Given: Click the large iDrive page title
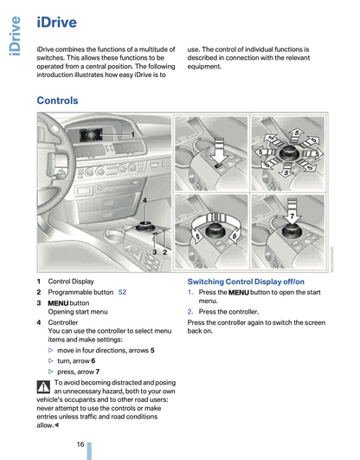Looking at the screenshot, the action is click(x=56, y=23).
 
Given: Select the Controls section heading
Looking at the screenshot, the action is click(x=57, y=100).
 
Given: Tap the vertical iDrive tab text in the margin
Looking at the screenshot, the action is click(x=15, y=36).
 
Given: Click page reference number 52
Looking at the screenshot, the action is click(x=122, y=292).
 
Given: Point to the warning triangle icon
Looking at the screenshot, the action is click(x=43, y=386).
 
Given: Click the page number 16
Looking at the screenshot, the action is click(x=80, y=444).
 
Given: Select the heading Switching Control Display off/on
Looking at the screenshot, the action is click(x=246, y=282).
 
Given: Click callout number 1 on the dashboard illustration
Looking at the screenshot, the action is click(x=132, y=134).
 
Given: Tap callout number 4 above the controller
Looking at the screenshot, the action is click(x=145, y=201).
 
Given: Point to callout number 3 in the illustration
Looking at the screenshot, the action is click(x=155, y=252).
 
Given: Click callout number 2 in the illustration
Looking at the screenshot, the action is click(x=164, y=252).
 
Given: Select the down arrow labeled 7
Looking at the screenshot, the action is click(x=292, y=212).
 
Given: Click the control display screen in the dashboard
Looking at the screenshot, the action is click(x=91, y=135).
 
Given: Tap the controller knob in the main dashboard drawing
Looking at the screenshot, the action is click(x=145, y=227).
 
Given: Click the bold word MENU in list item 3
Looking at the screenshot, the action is click(x=58, y=303).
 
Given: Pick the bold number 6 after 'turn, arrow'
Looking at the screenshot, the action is click(x=93, y=361).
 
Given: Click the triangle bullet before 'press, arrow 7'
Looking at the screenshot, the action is click(x=51, y=372).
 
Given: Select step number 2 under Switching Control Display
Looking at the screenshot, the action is click(x=190, y=312).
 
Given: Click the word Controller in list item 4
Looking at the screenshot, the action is click(x=63, y=322).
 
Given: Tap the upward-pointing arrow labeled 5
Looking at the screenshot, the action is click(x=297, y=135).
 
